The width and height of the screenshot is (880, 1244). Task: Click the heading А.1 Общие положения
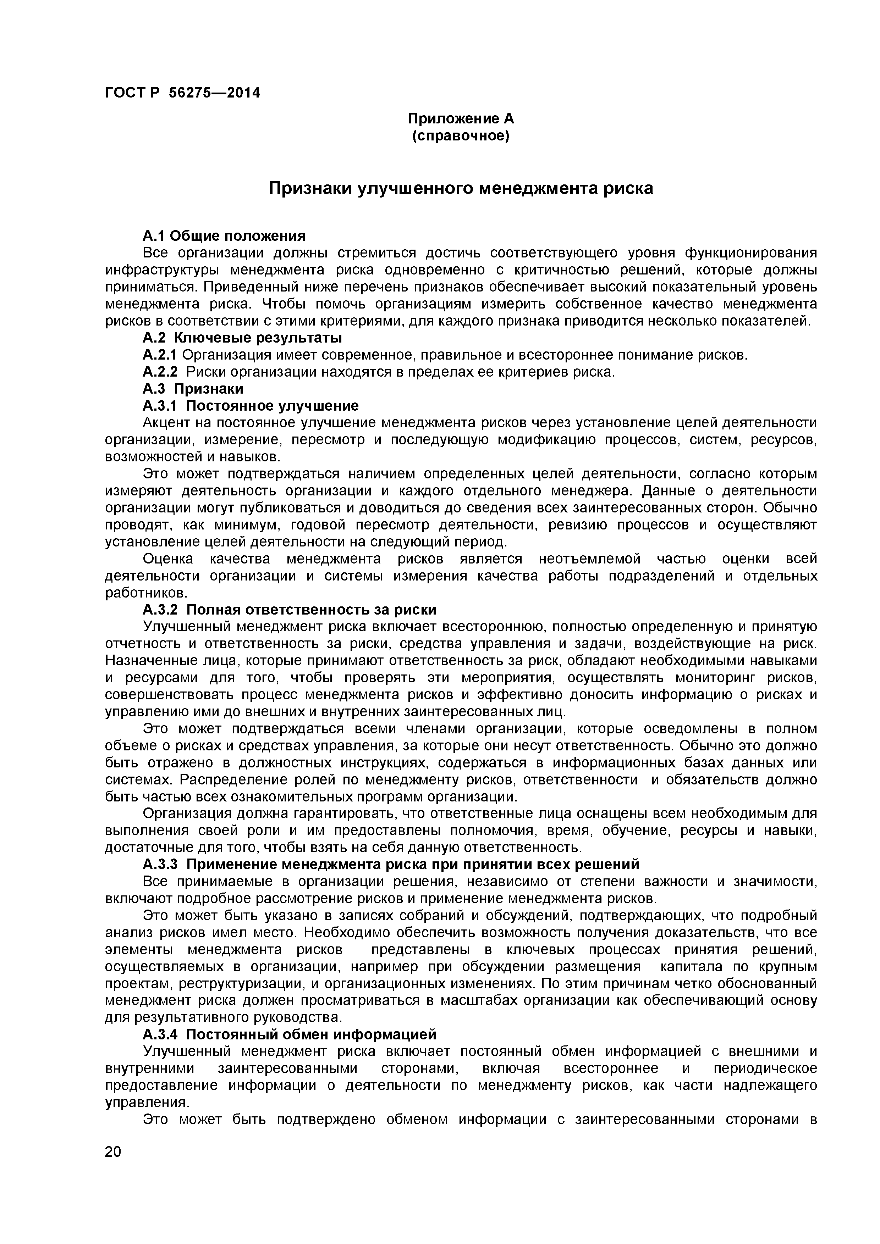224,236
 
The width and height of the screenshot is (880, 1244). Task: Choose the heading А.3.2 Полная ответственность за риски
289,610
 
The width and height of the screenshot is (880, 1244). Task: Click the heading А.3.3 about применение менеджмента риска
390,864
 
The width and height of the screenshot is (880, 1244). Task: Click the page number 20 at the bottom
113,1167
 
